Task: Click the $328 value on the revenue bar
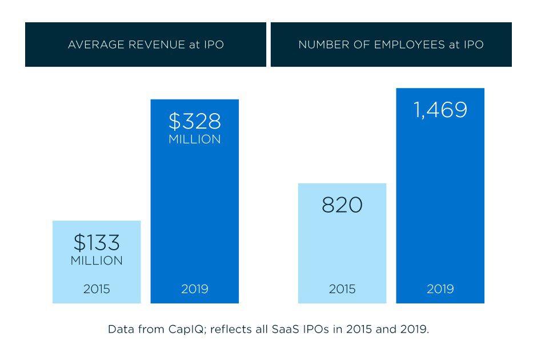click(195, 121)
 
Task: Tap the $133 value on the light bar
click(97, 243)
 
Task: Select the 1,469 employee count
click(440, 110)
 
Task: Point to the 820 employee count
click(342, 205)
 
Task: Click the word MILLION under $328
click(195, 139)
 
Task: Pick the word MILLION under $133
click(97, 261)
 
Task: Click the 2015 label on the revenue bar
click(97, 289)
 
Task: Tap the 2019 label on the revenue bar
click(195, 289)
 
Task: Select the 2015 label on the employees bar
click(342, 289)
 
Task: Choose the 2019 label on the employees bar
click(440, 289)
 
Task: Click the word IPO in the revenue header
click(213, 45)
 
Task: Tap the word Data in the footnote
click(119, 330)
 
